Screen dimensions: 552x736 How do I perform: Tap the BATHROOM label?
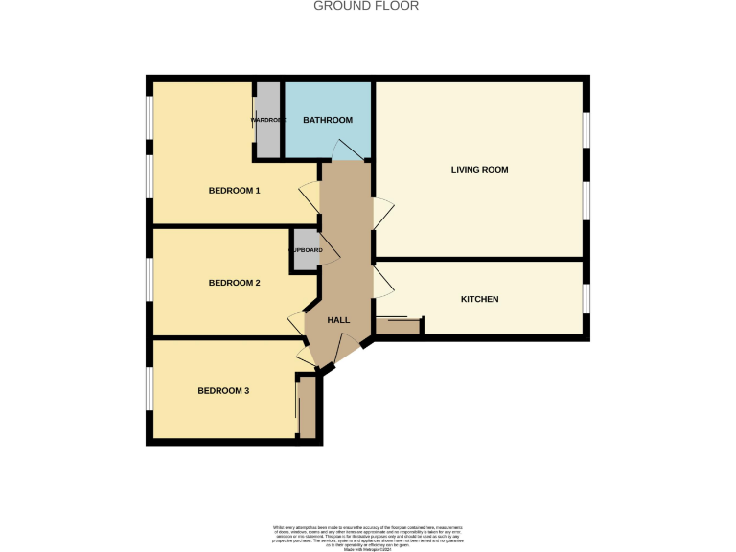click(x=328, y=120)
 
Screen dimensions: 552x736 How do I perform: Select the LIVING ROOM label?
click(x=479, y=170)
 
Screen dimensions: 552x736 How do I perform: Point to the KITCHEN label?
click(x=479, y=299)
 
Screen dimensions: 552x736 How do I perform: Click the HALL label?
click(x=338, y=320)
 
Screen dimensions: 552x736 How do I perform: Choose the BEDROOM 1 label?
click(x=234, y=191)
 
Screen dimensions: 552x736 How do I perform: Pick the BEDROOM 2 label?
click(x=234, y=283)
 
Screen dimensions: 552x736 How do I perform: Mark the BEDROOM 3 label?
click(x=223, y=390)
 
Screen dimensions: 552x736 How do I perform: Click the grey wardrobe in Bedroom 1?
click(x=267, y=121)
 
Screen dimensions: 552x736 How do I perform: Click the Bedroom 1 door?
click(x=310, y=198)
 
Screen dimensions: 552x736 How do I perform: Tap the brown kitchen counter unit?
click(x=398, y=326)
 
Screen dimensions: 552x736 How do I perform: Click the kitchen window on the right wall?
click(x=586, y=299)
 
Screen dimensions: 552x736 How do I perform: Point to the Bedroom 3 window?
click(x=149, y=390)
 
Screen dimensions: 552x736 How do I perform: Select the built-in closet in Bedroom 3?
click(x=307, y=407)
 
